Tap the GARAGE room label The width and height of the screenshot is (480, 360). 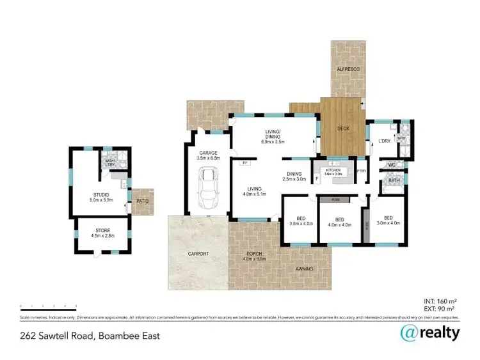click(x=209, y=153)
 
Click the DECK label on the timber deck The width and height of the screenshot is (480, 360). click(x=344, y=128)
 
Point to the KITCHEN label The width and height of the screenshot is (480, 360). click(x=333, y=169)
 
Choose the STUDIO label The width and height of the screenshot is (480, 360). click(x=101, y=194)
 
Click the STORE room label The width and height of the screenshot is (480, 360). click(x=100, y=232)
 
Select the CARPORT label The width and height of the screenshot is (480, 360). click(x=198, y=254)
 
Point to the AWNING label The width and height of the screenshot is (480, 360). click(x=305, y=269)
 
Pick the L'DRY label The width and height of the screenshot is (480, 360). click(x=384, y=141)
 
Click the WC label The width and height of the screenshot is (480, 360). click(x=392, y=165)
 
